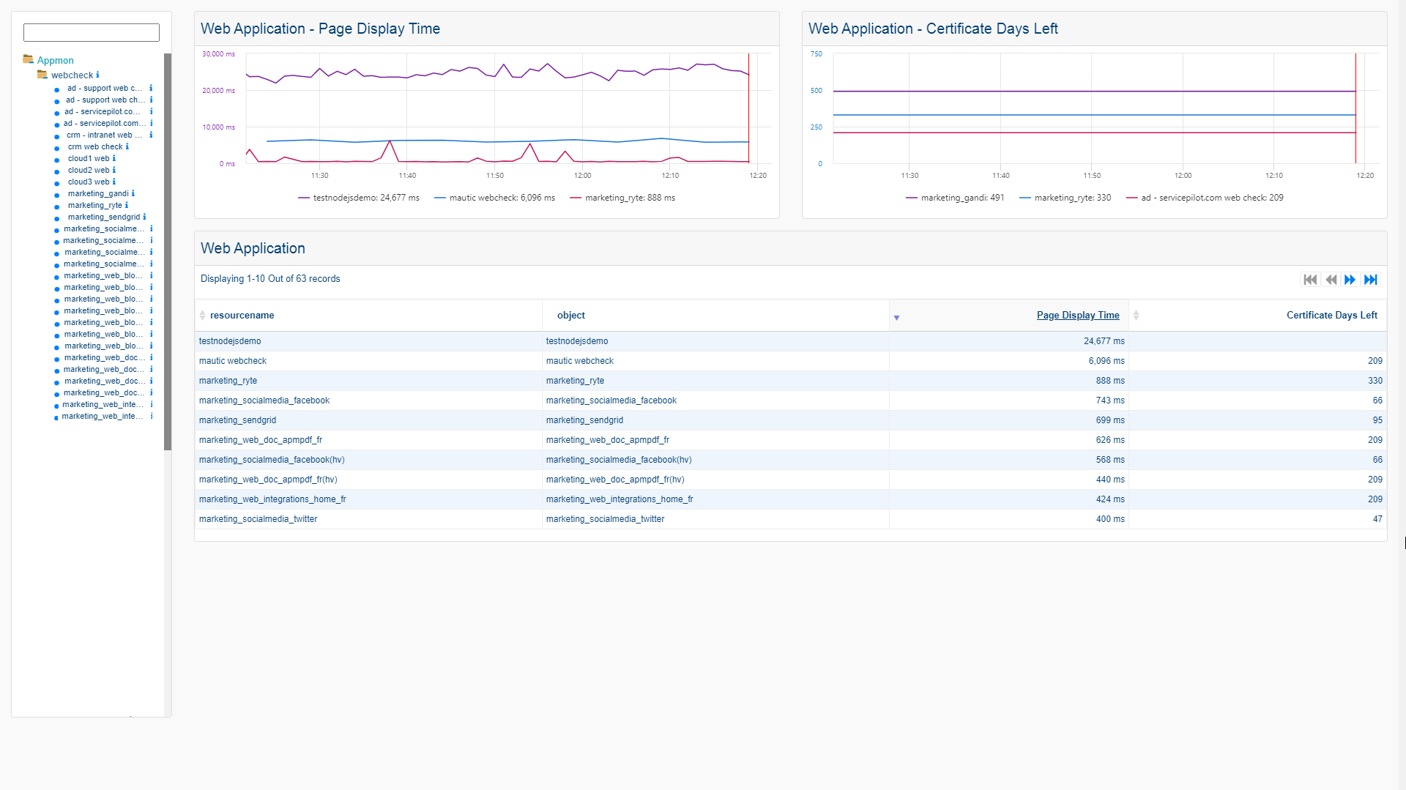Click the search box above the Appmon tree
pos(92,32)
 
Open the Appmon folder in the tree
pos(55,61)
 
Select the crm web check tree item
pos(95,146)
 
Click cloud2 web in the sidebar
pos(89,170)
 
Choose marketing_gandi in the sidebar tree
pos(98,193)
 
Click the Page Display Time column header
pos(1077,316)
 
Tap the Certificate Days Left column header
pos(1331,316)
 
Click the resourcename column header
pos(242,316)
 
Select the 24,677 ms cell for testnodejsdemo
pos(1104,341)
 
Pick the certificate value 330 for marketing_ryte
pos(1375,381)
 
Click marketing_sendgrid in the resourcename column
pos(237,420)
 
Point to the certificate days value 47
pos(1377,519)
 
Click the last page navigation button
pos(1371,280)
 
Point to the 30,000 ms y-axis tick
pos(218,54)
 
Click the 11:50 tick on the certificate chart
pos(1091,176)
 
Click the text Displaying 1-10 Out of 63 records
pos(270,279)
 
